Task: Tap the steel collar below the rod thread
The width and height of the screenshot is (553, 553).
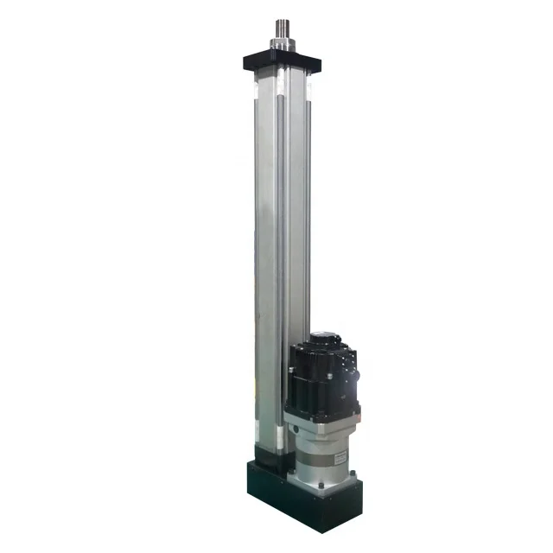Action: coord(283,43)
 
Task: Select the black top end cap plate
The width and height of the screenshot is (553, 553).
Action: coord(282,61)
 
